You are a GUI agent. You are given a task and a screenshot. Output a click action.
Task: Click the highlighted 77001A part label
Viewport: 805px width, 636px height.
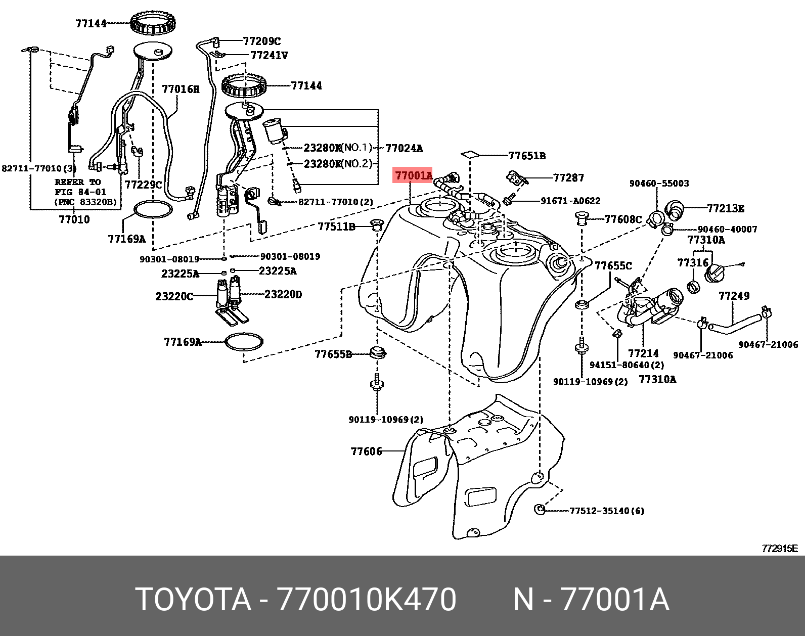[414, 176]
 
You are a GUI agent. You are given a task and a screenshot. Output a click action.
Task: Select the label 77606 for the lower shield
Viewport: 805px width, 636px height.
[366, 451]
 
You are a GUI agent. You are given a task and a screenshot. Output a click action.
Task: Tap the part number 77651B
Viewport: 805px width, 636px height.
[526, 156]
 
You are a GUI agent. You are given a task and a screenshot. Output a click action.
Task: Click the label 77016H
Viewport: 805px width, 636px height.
[181, 89]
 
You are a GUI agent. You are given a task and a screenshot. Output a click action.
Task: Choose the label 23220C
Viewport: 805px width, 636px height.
[174, 296]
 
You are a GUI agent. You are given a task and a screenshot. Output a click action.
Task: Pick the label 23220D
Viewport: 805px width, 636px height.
[283, 294]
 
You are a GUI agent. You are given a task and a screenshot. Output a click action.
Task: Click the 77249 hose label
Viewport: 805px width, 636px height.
[734, 296]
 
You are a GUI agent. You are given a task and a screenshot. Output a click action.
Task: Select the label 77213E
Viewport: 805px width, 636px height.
[725, 208]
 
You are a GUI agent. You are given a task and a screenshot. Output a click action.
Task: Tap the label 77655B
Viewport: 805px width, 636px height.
[333, 354]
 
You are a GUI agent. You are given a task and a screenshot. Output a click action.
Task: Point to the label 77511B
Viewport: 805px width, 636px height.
[336, 226]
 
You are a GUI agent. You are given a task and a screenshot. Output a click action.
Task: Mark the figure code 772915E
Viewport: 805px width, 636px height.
[779, 549]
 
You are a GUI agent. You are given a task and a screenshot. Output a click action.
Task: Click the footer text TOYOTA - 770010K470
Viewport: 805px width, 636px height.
[296, 600]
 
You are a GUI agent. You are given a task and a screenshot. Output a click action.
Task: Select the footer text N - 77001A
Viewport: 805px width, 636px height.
[591, 600]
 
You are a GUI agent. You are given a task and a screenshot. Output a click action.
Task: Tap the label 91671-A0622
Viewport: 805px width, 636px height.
[570, 201]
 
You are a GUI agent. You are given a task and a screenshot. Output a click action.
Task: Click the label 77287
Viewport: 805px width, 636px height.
[568, 177]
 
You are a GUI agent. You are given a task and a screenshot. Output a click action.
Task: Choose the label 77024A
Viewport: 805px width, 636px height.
[404, 148]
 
